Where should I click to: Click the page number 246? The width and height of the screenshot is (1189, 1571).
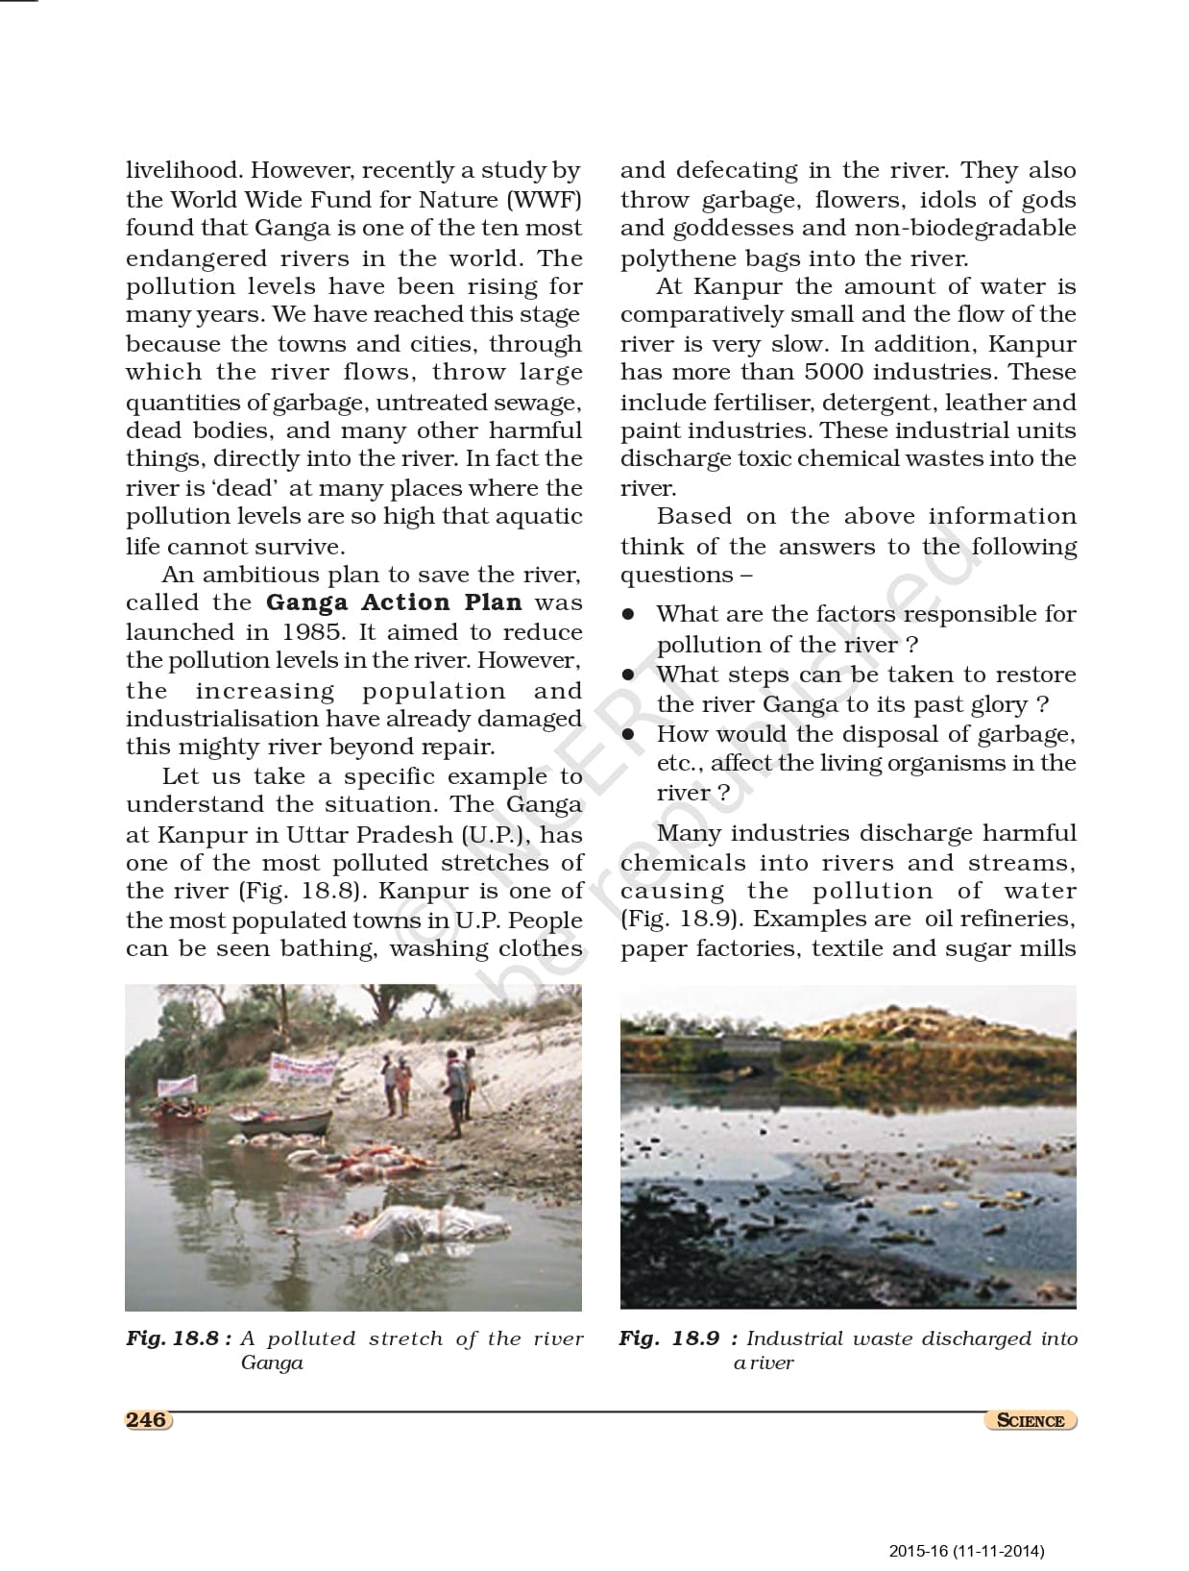point(147,1419)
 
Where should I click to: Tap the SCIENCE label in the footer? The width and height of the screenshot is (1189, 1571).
point(1031,1420)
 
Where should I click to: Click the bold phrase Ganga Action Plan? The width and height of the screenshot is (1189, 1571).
point(394,603)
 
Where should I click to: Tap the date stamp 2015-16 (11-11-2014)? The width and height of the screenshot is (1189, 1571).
point(966,1550)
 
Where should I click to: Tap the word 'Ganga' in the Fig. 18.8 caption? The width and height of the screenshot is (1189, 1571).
point(272,1362)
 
